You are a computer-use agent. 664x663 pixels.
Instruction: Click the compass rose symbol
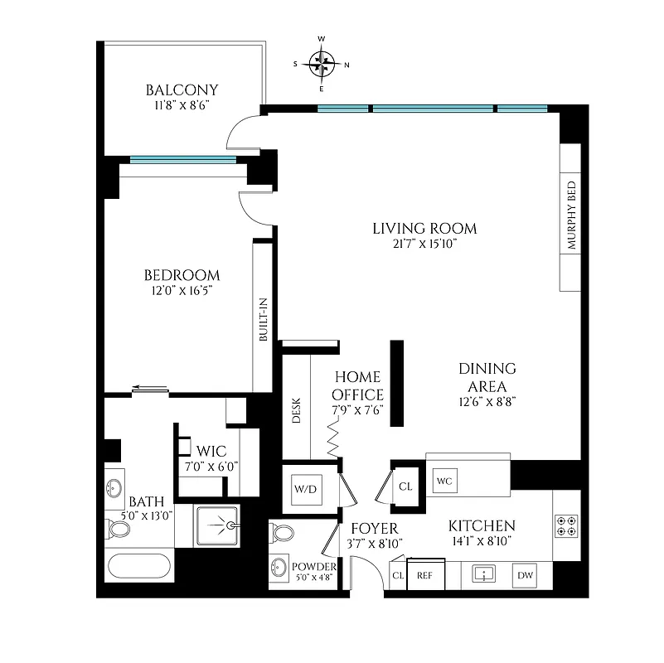tap(322, 63)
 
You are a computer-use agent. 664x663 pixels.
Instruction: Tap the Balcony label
tap(182, 90)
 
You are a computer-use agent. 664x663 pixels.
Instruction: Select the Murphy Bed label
tap(571, 216)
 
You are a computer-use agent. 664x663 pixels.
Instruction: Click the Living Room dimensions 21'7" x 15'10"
tap(424, 244)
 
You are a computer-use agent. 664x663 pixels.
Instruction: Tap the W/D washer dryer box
tap(306, 489)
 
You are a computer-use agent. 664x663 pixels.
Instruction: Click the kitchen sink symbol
tap(483, 573)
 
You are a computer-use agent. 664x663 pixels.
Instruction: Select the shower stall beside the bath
tap(218, 525)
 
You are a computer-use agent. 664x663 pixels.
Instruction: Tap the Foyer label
tap(375, 528)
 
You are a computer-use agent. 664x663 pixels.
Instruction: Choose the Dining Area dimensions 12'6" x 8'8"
tap(487, 404)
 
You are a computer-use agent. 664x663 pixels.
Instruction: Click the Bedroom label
tap(182, 275)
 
